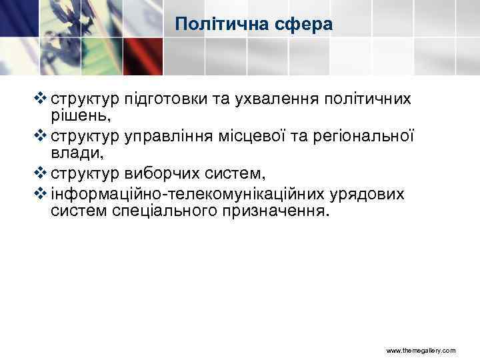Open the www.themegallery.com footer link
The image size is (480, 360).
421,350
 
